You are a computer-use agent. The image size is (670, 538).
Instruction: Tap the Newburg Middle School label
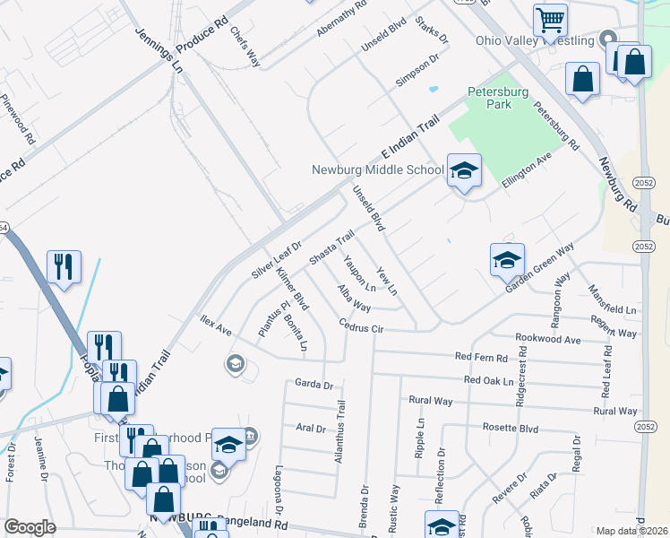click(x=377, y=169)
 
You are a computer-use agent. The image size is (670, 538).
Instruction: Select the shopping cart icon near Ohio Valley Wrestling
click(x=550, y=19)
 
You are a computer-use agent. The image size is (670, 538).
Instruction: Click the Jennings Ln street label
click(x=159, y=49)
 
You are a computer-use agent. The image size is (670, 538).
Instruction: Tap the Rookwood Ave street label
click(x=548, y=340)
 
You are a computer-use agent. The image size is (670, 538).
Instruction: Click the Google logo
click(x=30, y=526)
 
